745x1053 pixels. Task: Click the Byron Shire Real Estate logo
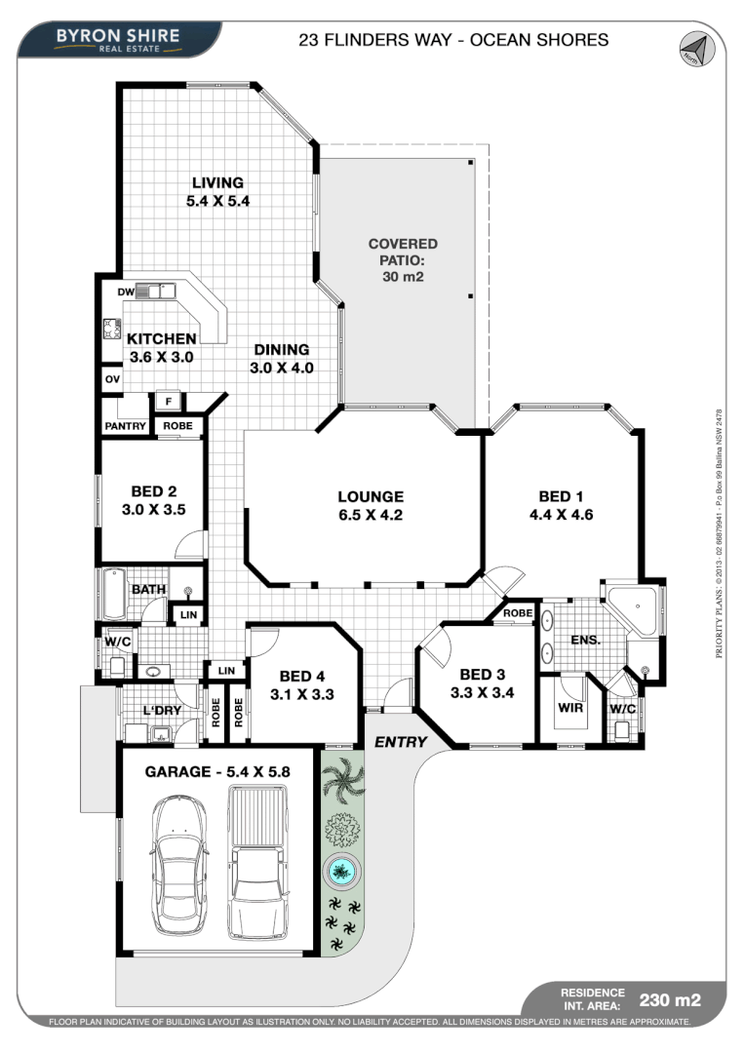[x=118, y=39]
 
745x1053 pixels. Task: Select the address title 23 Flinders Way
[x=452, y=40]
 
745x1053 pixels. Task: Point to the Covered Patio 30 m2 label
[x=403, y=259]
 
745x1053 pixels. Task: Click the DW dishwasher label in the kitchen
[x=125, y=292]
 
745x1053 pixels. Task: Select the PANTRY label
[x=125, y=427]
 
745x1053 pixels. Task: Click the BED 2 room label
[x=154, y=491]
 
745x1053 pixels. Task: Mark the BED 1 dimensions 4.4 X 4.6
[x=561, y=514]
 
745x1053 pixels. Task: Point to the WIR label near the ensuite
[x=570, y=708]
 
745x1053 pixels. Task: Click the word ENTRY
[x=401, y=742]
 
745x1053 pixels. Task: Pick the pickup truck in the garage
[x=257, y=863]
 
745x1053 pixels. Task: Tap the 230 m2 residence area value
[x=669, y=998]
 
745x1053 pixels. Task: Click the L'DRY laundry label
[x=160, y=712]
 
